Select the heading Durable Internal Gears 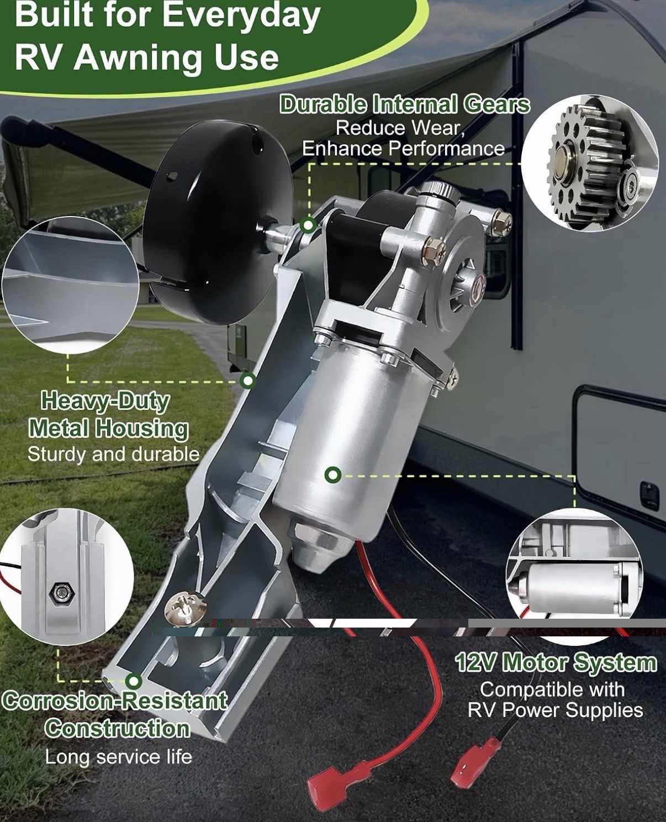pos(405,104)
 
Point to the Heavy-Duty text pos(105,402)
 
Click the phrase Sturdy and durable pos(113,454)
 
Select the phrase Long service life pos(119,757)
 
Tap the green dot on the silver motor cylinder pos(333,475)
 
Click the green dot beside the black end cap pos(308,225)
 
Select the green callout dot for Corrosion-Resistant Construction pos(134,681)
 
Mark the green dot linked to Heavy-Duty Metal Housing pos(247,381)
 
